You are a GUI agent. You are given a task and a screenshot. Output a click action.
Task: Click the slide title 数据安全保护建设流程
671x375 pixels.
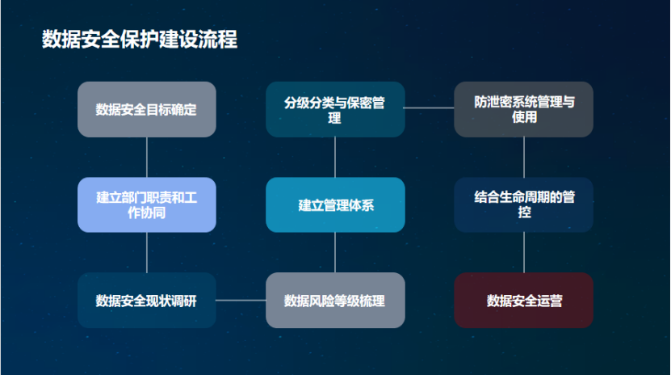(x=140, y=39)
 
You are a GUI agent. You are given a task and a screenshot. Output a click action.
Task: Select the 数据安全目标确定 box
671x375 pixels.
(x=147, y=109)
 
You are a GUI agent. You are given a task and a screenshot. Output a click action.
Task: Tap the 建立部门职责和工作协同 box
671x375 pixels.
(x=147, y=204)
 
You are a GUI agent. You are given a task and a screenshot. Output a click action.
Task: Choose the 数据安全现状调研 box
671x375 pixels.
(x=147, y=301)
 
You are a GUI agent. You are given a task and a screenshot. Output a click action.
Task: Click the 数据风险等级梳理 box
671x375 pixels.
(x=335, y=301)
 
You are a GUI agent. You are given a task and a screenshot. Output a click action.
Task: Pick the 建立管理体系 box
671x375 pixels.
(x=335, y=204)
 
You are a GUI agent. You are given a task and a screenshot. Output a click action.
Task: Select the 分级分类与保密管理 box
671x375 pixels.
(x=335, y=109)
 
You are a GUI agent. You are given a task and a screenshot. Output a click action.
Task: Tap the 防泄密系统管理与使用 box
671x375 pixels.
(x=524, y=109)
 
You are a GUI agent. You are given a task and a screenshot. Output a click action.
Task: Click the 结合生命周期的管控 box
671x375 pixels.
(x=524, y=204)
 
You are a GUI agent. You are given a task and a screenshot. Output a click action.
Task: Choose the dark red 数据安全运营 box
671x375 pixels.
(x=524, y=301)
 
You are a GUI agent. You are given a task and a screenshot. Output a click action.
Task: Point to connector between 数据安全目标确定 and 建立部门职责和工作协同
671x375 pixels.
(x=147, y=157)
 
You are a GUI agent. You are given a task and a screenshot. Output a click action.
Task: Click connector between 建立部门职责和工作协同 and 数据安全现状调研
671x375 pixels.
(x=147, y=252)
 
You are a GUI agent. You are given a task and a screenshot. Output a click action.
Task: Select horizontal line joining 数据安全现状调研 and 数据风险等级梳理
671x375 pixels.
(x=241, y=301)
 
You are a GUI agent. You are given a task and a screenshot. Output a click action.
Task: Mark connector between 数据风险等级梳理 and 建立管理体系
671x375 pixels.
(x=335, y=252)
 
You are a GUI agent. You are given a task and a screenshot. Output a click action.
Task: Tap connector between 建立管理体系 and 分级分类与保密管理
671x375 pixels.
(x=335, y=157)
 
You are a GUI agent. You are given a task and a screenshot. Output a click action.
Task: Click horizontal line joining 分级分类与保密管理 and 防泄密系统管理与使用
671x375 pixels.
(x=429, y=107)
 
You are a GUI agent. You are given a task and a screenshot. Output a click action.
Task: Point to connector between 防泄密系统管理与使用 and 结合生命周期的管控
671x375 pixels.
(x=524, y=157)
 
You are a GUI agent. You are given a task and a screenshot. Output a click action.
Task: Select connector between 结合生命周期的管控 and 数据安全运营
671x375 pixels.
(x=524, y=252)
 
